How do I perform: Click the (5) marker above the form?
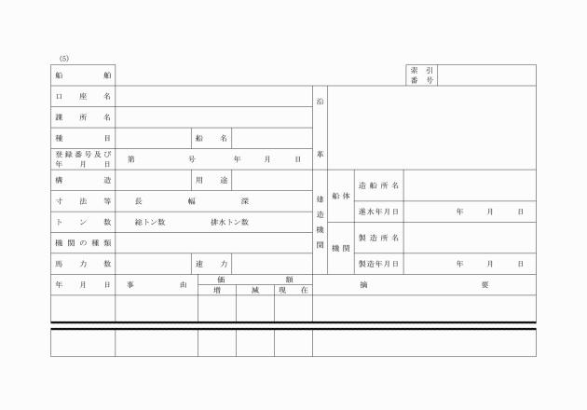tap(64, 59)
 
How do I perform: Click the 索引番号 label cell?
tap(421, 75)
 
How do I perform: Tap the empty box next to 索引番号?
tap(486, 75)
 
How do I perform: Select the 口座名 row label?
tap(83, 96)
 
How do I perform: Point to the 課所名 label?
tap(83, 117)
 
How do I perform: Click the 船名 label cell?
tap(212, 138)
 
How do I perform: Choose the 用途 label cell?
tap(212, 180)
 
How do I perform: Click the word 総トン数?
tap(150, 222)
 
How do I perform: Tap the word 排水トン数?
tap(229, 222)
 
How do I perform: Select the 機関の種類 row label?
tap(83, 243)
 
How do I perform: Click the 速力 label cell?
tap(212, 264)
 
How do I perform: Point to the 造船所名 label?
tap(379, 185)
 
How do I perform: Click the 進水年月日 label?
tap(379, 212)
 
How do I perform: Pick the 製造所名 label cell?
tap(379, 238)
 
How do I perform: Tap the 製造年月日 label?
tap(379, 264)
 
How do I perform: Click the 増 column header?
tap(217, 290)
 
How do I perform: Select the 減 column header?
tap(255, 290)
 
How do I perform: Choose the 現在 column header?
tap(293, 290)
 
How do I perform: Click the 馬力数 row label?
tap(83, 264)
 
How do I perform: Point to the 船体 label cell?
tap(341, 196)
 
